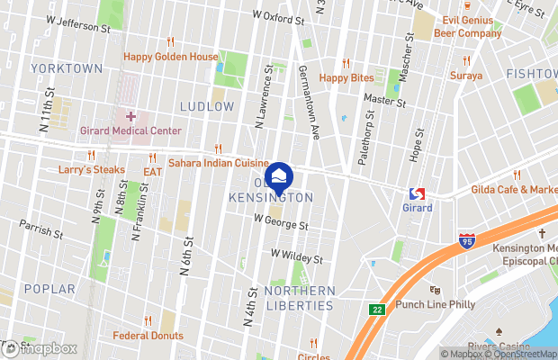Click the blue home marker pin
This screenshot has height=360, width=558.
point(279,174)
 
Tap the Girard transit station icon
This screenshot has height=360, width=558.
point(417,193)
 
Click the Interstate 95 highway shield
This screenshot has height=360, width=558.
point(465,240)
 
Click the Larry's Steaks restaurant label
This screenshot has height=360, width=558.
point(91,169)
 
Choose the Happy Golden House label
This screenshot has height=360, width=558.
point(171,57)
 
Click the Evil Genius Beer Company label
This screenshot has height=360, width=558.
point(467,27)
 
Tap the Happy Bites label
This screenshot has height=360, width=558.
point(346,77)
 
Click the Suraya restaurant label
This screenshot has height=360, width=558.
point(466,76)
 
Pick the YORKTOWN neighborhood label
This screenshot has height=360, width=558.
point(66,68)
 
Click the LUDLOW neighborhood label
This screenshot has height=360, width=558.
point(207,106)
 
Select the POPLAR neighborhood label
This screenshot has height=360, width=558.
point(43,289)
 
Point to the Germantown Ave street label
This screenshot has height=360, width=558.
point(308,103)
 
